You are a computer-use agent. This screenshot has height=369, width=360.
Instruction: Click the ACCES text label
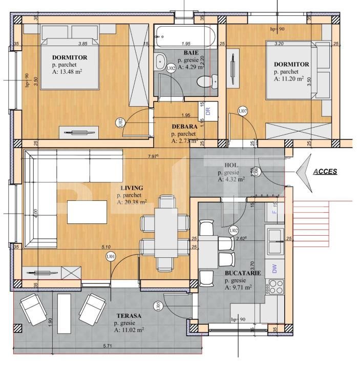325,172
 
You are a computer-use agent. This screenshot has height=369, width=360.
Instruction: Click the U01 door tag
110,256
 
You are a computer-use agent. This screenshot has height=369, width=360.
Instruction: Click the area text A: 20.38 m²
132,202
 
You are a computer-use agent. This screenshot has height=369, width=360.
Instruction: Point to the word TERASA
128,316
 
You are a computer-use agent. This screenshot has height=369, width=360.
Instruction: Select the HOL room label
231,165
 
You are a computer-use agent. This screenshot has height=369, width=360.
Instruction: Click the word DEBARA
185,127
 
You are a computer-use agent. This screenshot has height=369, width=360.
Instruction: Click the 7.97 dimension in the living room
153,156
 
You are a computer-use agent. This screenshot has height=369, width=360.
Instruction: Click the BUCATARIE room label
243,273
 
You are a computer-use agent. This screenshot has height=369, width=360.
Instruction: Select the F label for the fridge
274,211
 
